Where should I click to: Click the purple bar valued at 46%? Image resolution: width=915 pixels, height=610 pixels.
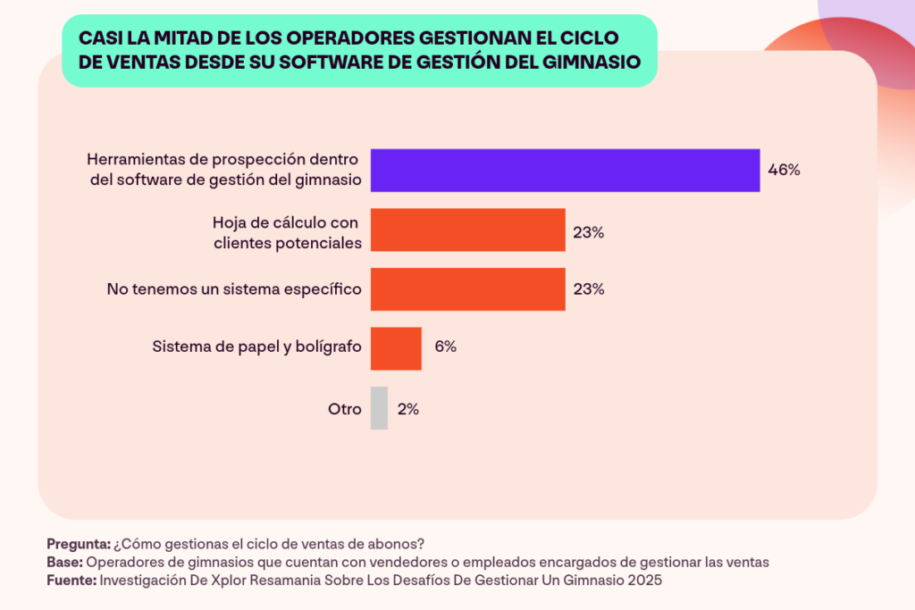point(565,171)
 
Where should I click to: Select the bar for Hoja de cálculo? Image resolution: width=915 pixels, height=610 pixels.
point(467,230)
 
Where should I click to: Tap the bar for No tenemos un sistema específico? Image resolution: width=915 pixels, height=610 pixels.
point(467,289)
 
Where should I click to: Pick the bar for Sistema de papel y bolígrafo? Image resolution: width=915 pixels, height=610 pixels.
point(396,348)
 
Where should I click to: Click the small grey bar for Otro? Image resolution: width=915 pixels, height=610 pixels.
point(379,408)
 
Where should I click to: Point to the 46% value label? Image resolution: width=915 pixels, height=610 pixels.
point(784,171)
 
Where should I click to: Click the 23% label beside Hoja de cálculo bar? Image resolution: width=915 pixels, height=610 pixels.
point(589,232)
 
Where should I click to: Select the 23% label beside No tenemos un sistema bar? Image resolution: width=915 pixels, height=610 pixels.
point(589,289)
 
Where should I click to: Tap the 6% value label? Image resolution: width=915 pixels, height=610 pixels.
point(445,347)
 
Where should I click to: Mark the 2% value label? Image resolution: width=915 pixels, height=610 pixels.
point(408,409)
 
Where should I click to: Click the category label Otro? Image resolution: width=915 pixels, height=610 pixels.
point(344,409)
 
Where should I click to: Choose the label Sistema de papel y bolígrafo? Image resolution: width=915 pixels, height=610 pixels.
point(256,347)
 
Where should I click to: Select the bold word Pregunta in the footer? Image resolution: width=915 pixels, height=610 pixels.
point(78,544)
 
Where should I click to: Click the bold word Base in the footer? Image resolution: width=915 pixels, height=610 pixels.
point(63,562)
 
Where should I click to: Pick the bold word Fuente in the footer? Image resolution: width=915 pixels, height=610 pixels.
point(71,579)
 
